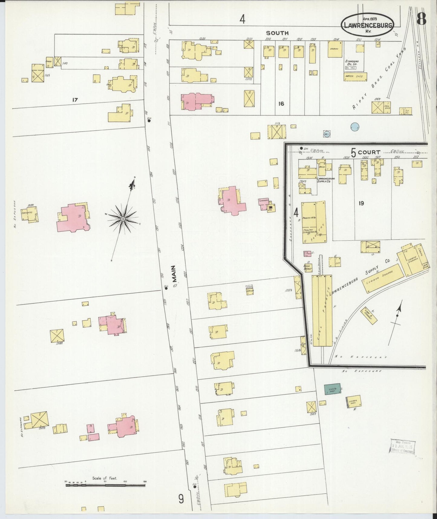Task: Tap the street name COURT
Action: pos(369,152)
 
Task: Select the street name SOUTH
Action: pos(277,33)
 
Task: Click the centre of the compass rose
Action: pos(123,219)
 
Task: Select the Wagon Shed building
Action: pos(355,77)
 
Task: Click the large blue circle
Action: pos(355,127)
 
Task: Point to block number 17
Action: pos(75,99)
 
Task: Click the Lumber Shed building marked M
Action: pos(353,402)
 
